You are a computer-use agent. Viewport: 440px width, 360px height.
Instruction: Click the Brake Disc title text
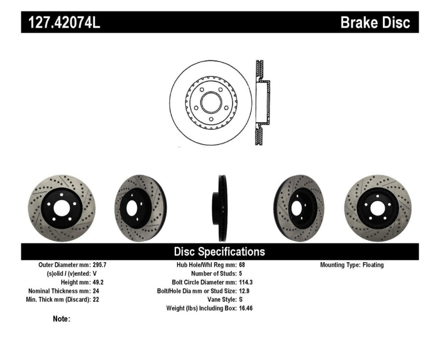point(375,23)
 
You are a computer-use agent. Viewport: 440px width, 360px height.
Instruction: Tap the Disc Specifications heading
point(219,252)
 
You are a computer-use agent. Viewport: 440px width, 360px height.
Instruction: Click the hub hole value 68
point(243,265)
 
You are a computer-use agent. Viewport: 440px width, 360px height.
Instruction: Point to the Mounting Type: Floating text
point(352,265)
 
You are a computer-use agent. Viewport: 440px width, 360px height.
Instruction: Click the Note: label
point(61,319)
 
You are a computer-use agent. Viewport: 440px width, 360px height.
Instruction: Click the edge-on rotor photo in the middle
point(222,208)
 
